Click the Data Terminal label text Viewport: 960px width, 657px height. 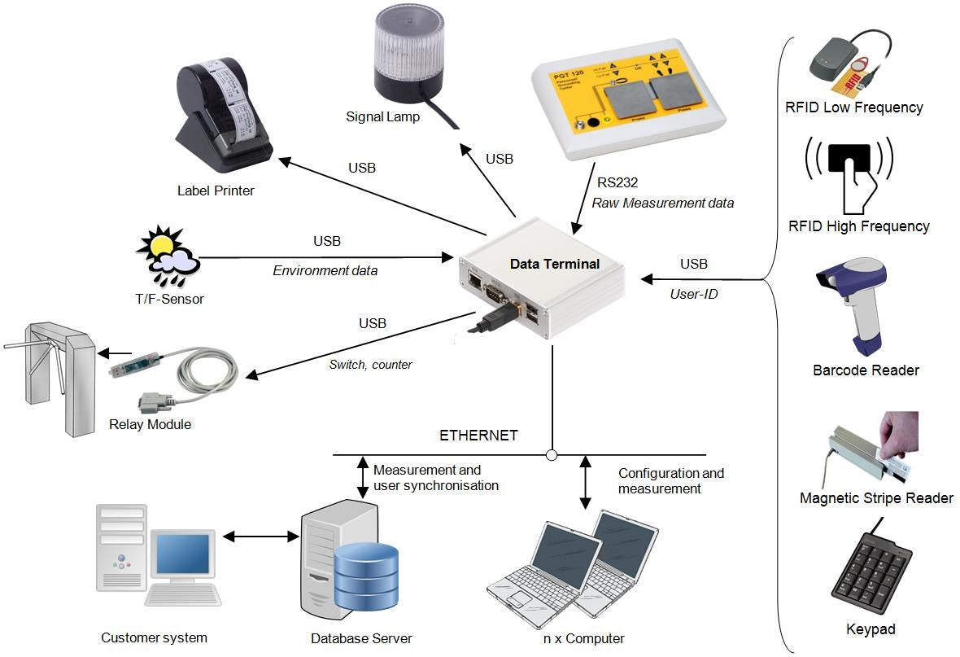[x=554, y=264]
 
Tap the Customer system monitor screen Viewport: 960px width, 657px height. [x=182, y=554]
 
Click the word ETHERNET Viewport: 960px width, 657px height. [x=478, y=436]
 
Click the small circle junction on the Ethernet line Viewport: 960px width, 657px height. [x=552, y=454]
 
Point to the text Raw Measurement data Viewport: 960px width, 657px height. [x=662, y=203]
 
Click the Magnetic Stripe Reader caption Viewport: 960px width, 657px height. [x=876, y=497]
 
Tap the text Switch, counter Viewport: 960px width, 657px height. [x=370, y=365]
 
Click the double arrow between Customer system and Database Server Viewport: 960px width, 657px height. [x=261, y=536]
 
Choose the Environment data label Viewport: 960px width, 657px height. [x=325, y=270]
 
